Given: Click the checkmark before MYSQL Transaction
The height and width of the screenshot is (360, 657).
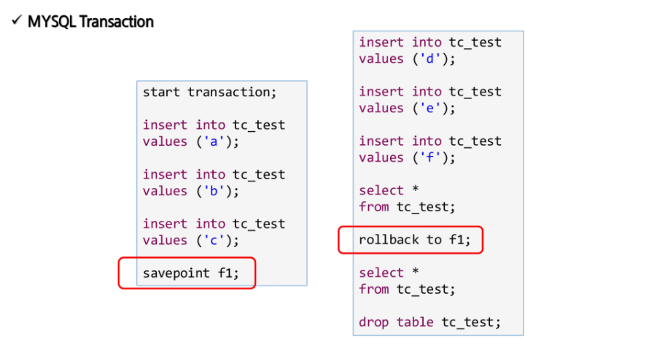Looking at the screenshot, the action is tap(16, 20).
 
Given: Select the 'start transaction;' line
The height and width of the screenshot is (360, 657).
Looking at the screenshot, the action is tap(209, 92).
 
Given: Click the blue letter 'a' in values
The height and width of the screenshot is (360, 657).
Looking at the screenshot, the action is tap(214, 142).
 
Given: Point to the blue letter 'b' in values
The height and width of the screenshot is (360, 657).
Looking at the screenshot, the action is tap(214, 191).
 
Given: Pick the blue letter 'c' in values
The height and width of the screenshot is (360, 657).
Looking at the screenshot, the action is tap(214, 240).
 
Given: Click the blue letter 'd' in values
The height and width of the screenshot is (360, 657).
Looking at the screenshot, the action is tap(430, 58).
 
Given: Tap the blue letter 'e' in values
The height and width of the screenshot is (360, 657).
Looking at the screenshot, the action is tap(430, 109).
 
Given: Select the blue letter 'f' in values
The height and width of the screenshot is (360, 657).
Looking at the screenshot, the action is tap(430, 157).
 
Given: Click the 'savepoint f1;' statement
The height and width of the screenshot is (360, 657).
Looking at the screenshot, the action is tap(190, 273).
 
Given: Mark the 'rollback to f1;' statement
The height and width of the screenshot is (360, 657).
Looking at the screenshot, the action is tap(415, 240).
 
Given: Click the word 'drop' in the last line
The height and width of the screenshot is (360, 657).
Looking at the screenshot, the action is tap(373, 322).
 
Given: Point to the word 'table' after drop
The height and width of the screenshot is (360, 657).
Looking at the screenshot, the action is tap(415, 322).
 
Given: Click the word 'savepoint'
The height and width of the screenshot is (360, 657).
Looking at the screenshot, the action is tap(176, 273).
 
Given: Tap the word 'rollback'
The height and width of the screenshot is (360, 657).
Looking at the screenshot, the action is tap(389, 240).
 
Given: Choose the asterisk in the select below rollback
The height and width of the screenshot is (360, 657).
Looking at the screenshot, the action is tap(415, 271).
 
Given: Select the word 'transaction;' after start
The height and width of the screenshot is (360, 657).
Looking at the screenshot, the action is tap(232, 92).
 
